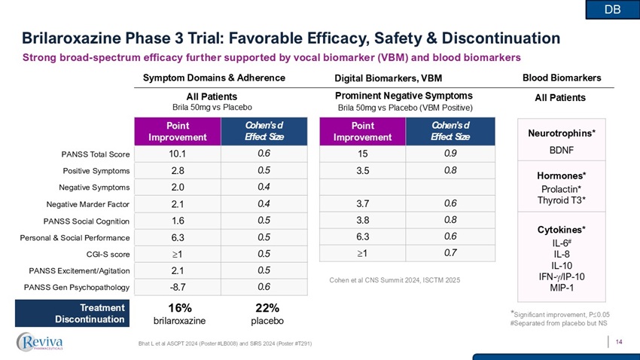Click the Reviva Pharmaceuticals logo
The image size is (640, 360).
50,342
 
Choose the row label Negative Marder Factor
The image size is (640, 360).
88,204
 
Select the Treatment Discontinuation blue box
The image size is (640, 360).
74,313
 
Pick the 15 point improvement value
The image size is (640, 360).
362,154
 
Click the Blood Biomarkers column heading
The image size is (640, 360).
561,78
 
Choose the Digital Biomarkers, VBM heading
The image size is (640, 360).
388,78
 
